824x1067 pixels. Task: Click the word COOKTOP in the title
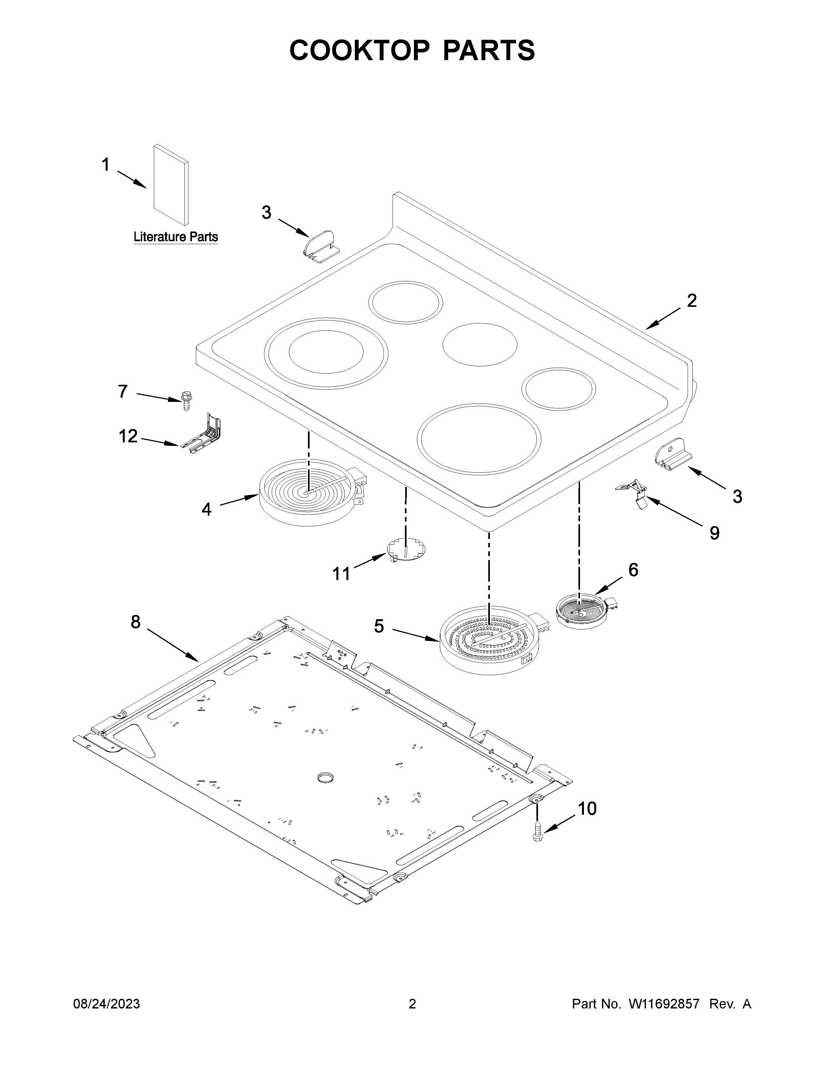(x=359, y=50)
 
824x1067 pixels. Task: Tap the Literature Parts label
(x=176, y=237)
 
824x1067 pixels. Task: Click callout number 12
(x=128, y=436)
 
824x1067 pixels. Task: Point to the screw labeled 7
(x=186, y=401)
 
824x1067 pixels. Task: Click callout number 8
(x=135, y=621)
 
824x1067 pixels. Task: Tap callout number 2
(x=691, y=300)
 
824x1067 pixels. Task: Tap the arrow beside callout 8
(x=173, y=645)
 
